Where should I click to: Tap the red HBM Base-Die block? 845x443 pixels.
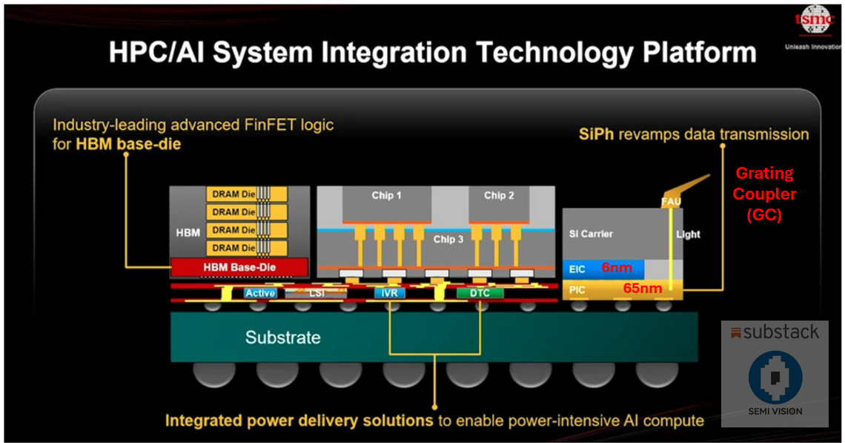239,267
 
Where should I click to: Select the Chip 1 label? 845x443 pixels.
387,196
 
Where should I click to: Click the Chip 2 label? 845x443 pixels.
499,196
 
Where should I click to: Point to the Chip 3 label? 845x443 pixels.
448,239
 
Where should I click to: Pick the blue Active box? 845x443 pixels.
260,293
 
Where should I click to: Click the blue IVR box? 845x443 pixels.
390,293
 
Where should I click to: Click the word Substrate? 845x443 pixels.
283,338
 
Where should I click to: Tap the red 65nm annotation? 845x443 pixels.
642,288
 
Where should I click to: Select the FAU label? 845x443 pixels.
671,201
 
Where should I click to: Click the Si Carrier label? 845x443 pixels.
591,234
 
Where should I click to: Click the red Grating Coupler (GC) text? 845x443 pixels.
765,194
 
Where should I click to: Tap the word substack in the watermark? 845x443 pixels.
781,332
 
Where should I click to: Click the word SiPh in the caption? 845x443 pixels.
597,134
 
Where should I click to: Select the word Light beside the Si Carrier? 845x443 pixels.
688,234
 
